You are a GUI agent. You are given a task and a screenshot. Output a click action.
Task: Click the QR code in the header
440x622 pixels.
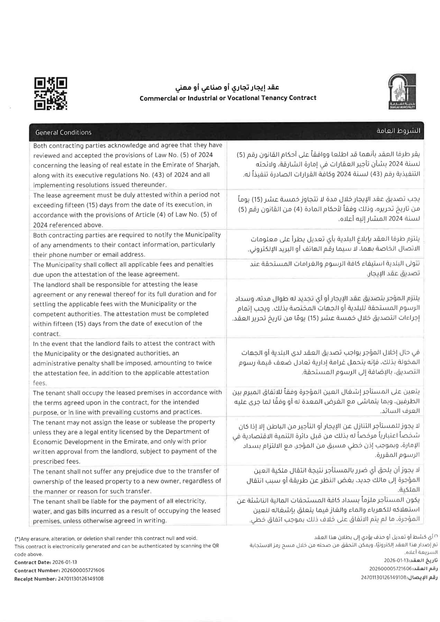coord(51,94)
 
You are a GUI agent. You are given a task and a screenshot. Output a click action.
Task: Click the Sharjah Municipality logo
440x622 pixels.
coord(402,92)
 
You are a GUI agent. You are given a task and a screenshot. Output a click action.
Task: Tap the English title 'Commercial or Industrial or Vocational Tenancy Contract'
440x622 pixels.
coord(228,98)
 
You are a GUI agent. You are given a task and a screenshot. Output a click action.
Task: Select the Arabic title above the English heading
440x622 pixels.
coord(227,88)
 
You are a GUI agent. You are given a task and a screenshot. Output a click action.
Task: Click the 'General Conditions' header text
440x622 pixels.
coord(63,132)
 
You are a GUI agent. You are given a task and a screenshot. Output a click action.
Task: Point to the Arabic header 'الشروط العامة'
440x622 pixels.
coord(398,131)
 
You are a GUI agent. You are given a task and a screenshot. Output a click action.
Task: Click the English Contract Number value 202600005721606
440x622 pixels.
coord(83,570)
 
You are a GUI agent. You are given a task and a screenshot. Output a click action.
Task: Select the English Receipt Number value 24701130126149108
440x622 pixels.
coord(80,579)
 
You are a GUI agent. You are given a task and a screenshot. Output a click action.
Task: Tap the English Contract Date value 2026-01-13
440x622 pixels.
coord(65,562)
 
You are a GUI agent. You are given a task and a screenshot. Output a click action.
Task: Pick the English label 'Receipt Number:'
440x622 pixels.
coord(35,579)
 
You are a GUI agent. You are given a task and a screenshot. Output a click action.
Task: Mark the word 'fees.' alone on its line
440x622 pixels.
coord(40,383)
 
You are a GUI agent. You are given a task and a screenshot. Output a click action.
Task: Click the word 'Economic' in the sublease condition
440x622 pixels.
coord(46,442)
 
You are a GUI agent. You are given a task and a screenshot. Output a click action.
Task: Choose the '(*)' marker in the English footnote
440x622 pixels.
coord(17,539)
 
